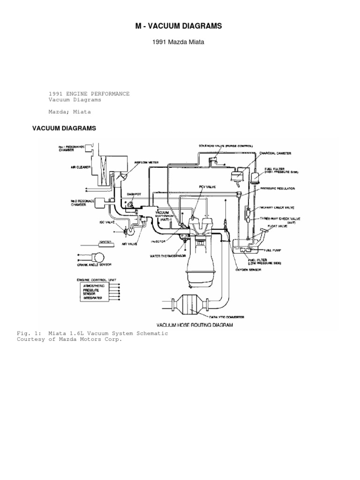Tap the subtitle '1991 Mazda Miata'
[x=178, y=43]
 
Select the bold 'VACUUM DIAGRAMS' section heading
[x=64, y=128]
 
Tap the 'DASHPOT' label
[x=134, y=193]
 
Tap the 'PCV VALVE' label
[x=206, y=187]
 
